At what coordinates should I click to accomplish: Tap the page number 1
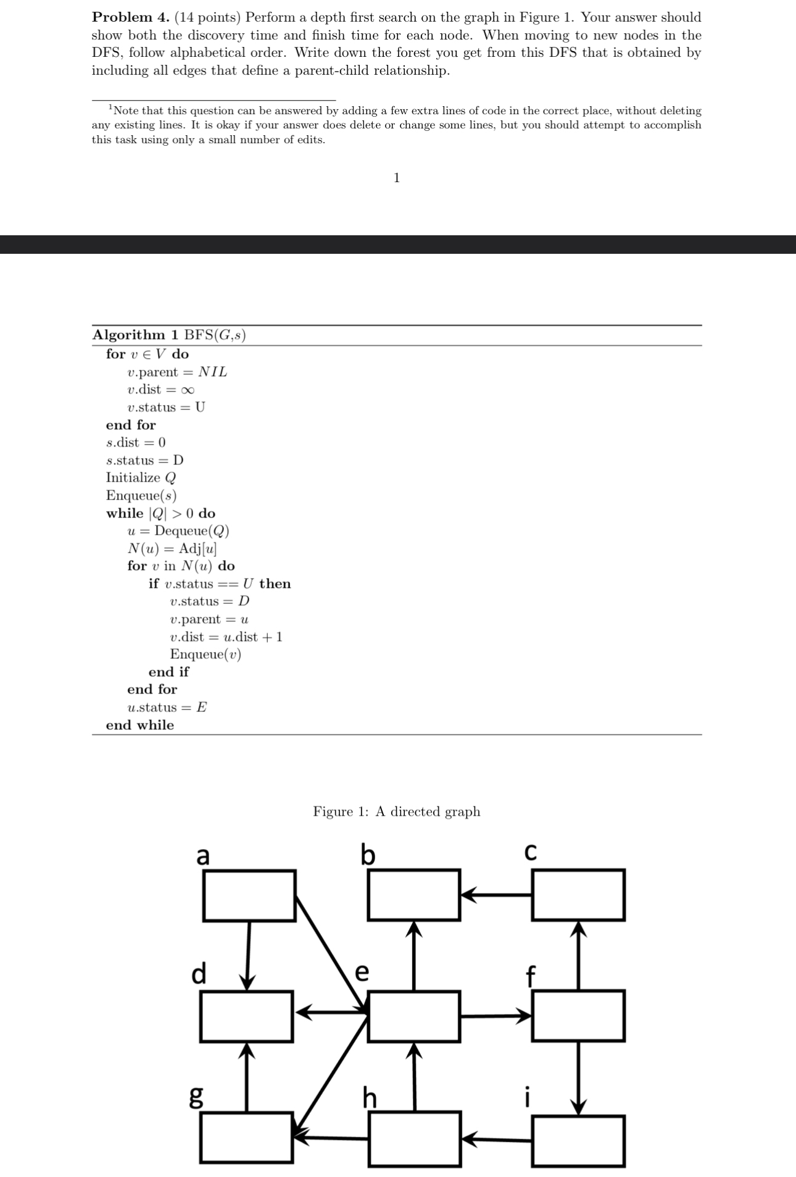[x=397, y=178]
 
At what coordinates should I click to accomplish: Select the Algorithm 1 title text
[x=169, y=335]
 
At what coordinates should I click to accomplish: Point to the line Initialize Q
[x=141, y=477]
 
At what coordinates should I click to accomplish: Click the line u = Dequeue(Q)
[x=178, y=531]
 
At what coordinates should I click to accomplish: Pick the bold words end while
[x=140, y=725]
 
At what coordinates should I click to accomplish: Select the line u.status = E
[x=167, y=707]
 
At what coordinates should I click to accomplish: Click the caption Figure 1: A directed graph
[x=396, y=811]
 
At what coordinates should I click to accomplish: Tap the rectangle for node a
[x=249, y=895]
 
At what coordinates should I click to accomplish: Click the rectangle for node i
[x=578, y=1141]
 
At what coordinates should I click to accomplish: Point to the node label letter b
[x=368, y=855]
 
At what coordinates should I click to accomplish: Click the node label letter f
[x=529, y=977]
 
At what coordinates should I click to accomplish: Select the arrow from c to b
[x=497, y=894]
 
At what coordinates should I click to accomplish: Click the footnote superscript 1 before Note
[x=110, y=108]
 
